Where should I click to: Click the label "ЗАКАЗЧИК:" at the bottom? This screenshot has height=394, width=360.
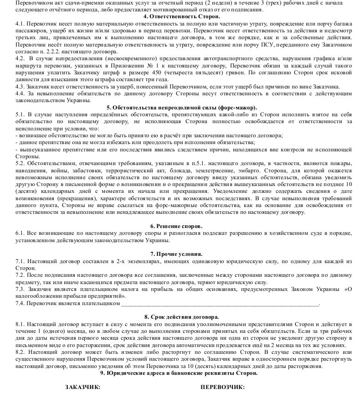tap(83, 387)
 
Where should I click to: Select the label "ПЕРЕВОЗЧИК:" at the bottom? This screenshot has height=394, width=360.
tap(222, 387)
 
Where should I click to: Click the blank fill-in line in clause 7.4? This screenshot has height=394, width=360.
tap(223, 303)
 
